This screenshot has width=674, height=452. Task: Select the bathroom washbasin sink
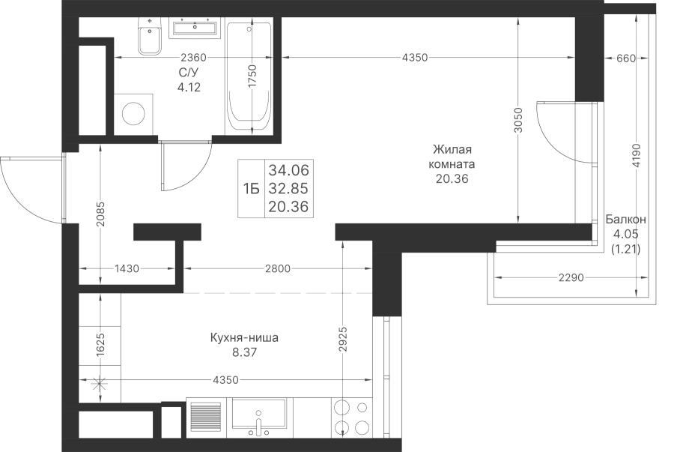194,28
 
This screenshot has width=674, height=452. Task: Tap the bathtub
249,76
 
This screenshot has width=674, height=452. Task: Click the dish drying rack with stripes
205,416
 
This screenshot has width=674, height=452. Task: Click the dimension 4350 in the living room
415,57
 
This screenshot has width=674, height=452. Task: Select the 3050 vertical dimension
518,120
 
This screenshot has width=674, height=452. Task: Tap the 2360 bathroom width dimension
194,57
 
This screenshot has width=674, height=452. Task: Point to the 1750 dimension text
252,76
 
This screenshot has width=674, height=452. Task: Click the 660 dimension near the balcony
626,58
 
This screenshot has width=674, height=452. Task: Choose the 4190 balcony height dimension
636,156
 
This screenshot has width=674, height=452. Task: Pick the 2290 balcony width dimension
571,278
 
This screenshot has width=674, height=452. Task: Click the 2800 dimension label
278,269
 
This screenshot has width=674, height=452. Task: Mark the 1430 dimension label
127,269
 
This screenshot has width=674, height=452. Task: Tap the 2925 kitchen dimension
342,340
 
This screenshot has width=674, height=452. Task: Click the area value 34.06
289,170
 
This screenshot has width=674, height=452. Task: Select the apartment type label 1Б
252,188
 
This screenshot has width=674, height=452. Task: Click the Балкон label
626,220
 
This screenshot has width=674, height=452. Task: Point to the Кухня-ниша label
244,337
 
